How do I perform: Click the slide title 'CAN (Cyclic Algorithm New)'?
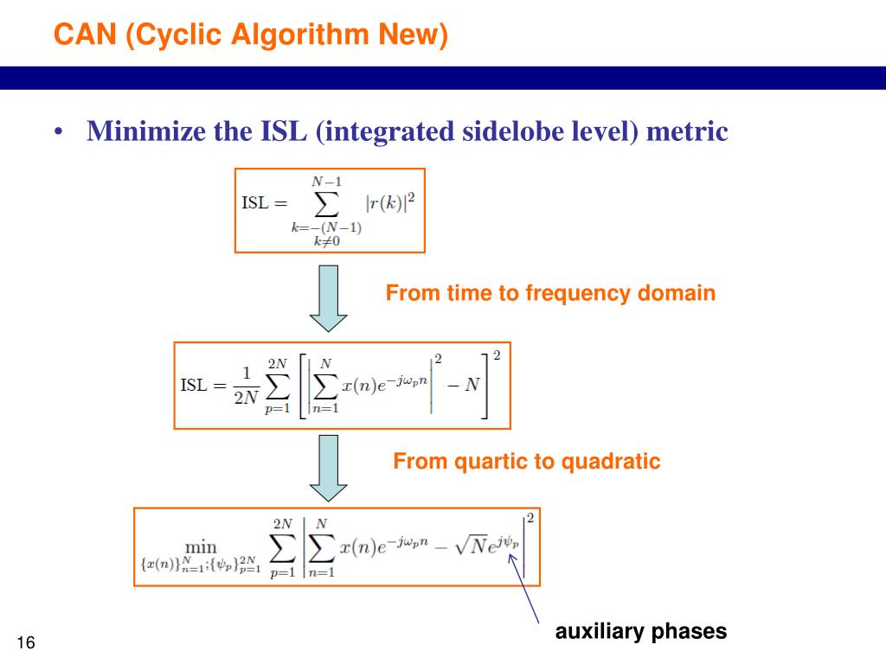[x=250, y=35]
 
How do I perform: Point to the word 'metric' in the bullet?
[x=688, y=131]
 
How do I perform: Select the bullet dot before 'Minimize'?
[x=58, y=132]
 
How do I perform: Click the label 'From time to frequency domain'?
[x=550, y=293]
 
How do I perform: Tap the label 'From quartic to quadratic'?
[x=527, y=461]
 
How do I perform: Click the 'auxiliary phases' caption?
[x=641, y=631]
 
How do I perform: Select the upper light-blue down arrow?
[x=328, y=298]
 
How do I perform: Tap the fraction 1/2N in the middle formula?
[x=246, y=386]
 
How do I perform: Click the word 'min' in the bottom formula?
[x=201, y=546]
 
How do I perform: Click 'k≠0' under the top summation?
[x=325, y=241]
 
